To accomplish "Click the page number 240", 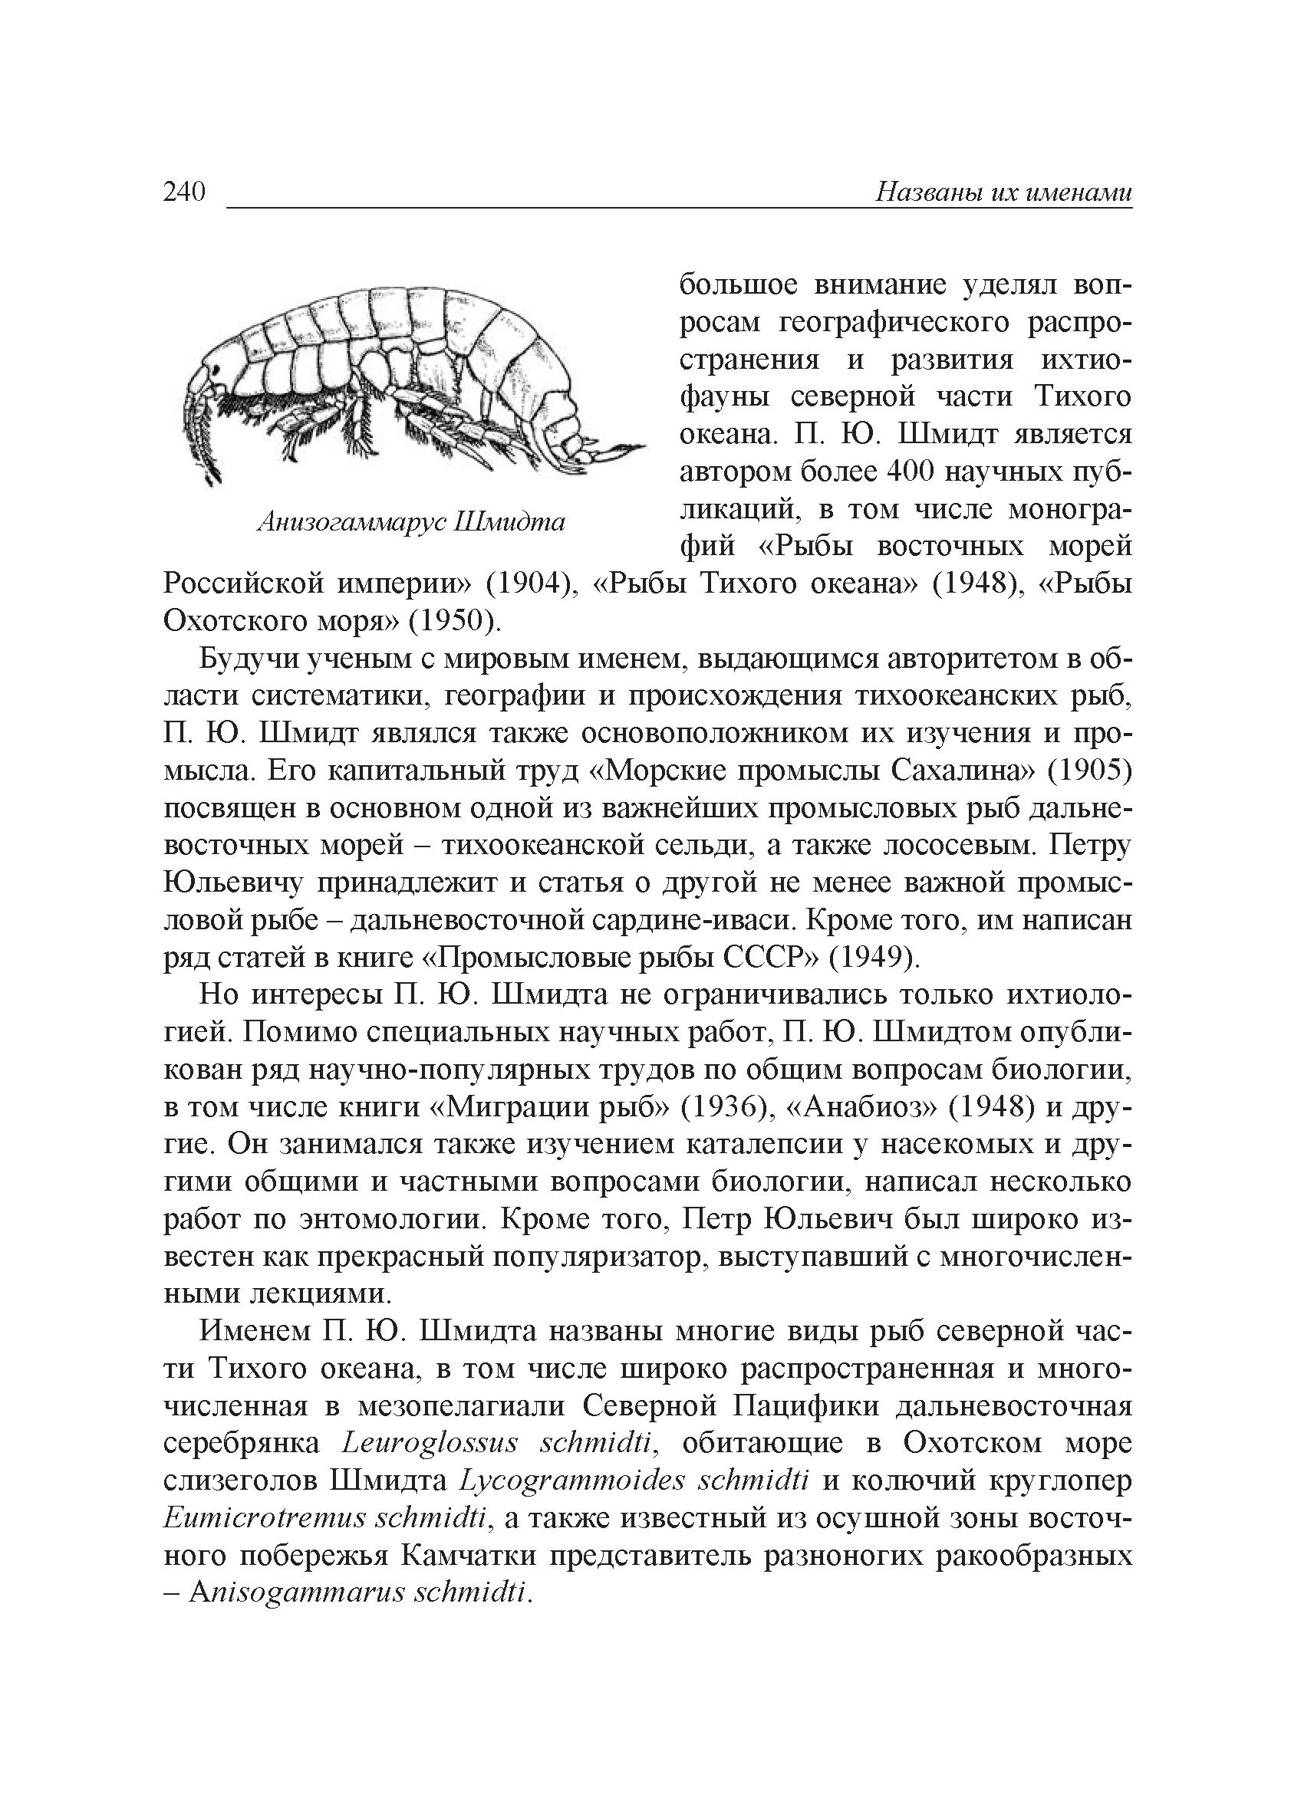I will point(185,192).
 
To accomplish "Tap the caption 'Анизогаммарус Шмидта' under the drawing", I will point(411,522).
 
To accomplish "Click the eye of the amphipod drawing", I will point(215,369).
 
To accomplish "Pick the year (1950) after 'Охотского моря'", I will point(455,620).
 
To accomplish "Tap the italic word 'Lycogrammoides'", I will point(573,1481).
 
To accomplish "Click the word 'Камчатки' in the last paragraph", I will point(465,1556).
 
